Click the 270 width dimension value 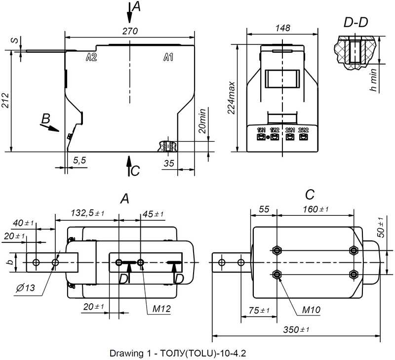coord(129,31)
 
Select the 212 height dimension coord(5,101)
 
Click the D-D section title coord(357,22)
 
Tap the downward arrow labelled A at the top coord(129,15)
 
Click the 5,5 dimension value coord(79,160)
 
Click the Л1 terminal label coord(167,58)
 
